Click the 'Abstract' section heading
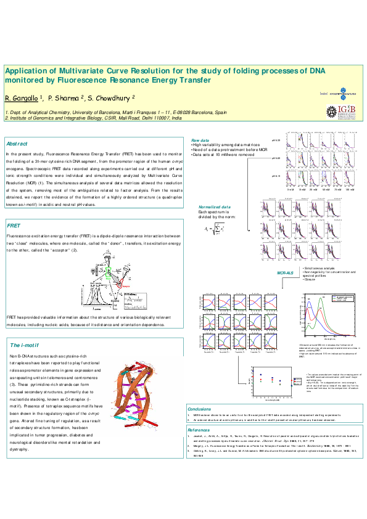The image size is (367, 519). [x=17, y=143]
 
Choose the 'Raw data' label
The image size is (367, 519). [x=200, y=141]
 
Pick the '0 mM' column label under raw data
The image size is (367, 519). [x=290, y=190]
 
